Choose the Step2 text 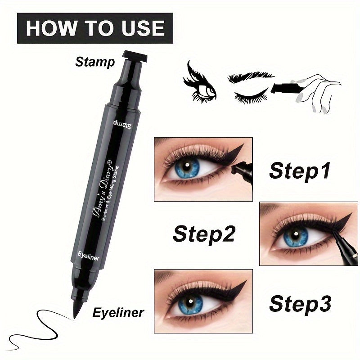pos(203,234)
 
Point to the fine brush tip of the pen pos(75,313)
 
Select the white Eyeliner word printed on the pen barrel pos(87,257)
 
